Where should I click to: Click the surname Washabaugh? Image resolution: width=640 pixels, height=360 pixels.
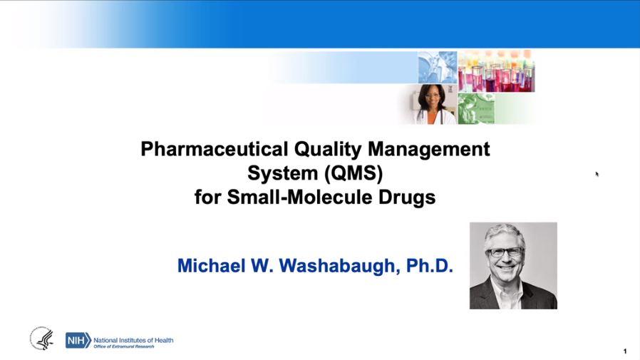328,266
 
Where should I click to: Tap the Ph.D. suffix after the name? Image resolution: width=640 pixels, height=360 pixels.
430,266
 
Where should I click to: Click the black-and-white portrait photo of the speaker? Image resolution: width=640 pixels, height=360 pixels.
513,266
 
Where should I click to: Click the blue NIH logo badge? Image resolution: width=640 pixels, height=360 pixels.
78,340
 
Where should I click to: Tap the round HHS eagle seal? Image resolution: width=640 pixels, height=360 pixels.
41,339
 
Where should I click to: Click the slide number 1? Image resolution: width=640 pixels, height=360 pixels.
625,351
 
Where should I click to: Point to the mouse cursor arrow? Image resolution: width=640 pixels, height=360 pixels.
597,173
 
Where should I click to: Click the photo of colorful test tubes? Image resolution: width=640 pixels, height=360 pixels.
496,71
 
